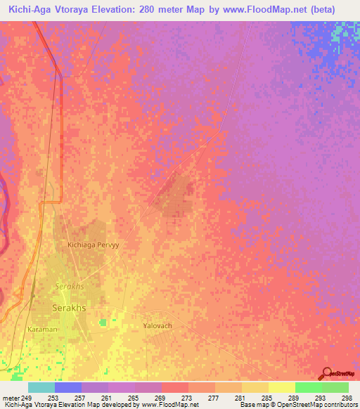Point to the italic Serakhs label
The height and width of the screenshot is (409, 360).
[x=69, y=287]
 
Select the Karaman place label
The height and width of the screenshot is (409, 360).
[x=43, y=328]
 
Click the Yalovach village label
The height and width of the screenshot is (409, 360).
[x=157, y=326]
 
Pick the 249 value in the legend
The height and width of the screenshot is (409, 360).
[x=27, y=398]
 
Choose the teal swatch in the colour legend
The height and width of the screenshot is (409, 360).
[x=41, y=387]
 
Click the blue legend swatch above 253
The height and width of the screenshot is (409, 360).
[x=67, y=387]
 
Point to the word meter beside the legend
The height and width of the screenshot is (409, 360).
[x=10, y=398]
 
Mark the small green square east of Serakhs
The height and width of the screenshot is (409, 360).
[x=103, y=322]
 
